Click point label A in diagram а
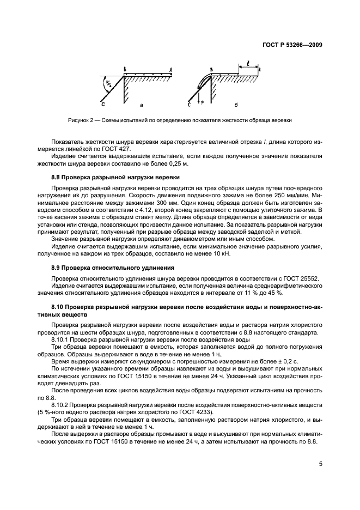(x=170, y=70)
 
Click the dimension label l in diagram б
(x=248, y=63)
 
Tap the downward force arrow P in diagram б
(x=202, y=100)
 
